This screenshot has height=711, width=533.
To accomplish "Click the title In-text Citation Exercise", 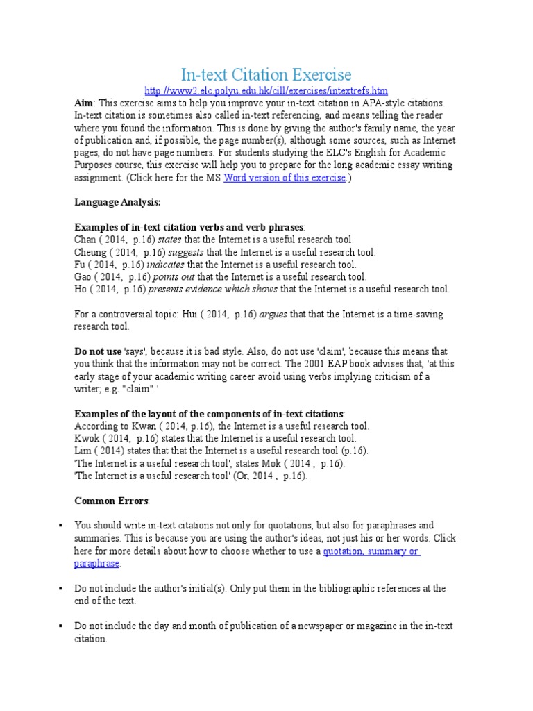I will [x=266, y=74].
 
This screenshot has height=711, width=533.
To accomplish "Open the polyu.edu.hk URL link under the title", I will [x=266, y=91].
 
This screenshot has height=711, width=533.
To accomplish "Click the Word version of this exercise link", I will [x=284, y=178].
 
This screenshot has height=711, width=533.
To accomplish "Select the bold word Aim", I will [x=83, y=102].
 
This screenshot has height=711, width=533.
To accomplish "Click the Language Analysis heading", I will [x=117, y=202].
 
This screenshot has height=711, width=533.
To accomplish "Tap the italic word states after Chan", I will [x=169, y=240].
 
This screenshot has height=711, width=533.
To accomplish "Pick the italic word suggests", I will [x=187, y=252].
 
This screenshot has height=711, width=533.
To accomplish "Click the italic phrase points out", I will [x=176, y=277].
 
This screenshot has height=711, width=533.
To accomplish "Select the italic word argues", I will [x=273, y=315].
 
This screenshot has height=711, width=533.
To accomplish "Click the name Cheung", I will [x=91, y=252].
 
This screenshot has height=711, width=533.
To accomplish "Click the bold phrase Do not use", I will [x=98, y=352].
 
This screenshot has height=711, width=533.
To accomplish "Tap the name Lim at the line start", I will [x=83, y=451].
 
